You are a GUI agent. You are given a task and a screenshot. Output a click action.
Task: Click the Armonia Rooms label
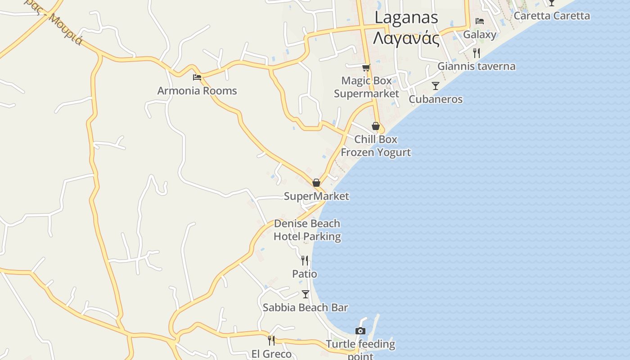197,91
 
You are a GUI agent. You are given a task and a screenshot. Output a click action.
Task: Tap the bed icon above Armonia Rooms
197,77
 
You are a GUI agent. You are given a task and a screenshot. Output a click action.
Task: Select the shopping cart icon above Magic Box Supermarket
366,68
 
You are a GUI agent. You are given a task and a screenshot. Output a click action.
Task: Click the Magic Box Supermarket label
366,87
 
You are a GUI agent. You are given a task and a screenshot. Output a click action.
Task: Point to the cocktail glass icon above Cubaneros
435,85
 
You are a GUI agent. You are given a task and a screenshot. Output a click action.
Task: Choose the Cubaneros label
435,99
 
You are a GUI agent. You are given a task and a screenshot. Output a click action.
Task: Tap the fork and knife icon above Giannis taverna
477,53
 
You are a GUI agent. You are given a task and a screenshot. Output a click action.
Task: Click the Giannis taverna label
477,67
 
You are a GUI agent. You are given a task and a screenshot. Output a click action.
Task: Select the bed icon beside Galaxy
480,21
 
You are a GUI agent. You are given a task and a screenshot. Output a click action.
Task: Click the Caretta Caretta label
551,16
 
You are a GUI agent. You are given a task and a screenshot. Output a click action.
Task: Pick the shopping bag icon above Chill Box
376,126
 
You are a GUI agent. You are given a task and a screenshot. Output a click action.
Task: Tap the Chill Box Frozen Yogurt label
376,146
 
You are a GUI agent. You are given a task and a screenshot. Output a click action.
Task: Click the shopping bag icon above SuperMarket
316,183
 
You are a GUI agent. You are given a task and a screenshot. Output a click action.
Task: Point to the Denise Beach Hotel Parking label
307,230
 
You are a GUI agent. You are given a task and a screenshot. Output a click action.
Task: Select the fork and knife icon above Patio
305,260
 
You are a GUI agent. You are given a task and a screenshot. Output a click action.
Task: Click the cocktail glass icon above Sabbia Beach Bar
306,294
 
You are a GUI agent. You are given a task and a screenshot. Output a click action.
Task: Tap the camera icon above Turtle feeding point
360,331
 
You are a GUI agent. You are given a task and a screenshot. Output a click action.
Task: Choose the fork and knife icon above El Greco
271,340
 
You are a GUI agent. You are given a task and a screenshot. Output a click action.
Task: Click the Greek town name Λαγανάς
406,38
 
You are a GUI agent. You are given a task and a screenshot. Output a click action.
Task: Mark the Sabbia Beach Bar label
305,308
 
